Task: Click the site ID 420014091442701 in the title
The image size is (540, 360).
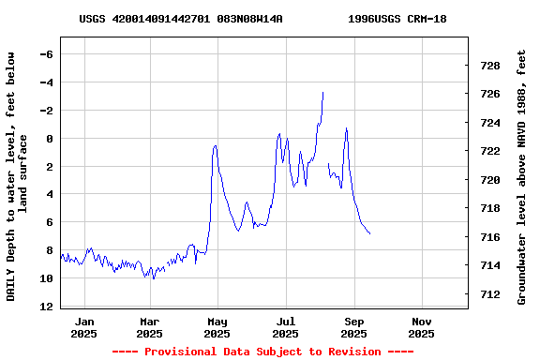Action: (161, 19)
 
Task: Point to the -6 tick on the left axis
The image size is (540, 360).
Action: (45, 54)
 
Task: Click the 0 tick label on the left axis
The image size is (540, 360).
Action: (49, 139)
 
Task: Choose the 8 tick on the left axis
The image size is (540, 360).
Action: (49, 250)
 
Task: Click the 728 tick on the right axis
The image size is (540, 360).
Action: (489, 66)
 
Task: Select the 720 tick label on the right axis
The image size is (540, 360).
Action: (489, 180)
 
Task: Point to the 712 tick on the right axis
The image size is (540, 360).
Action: (489, 294)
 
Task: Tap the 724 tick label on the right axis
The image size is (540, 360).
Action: (489, 123)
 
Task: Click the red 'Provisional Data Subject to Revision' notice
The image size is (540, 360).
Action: (262, 352)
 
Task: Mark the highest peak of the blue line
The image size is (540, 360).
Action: (322, 92)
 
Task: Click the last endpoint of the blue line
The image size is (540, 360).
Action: (370, 233)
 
